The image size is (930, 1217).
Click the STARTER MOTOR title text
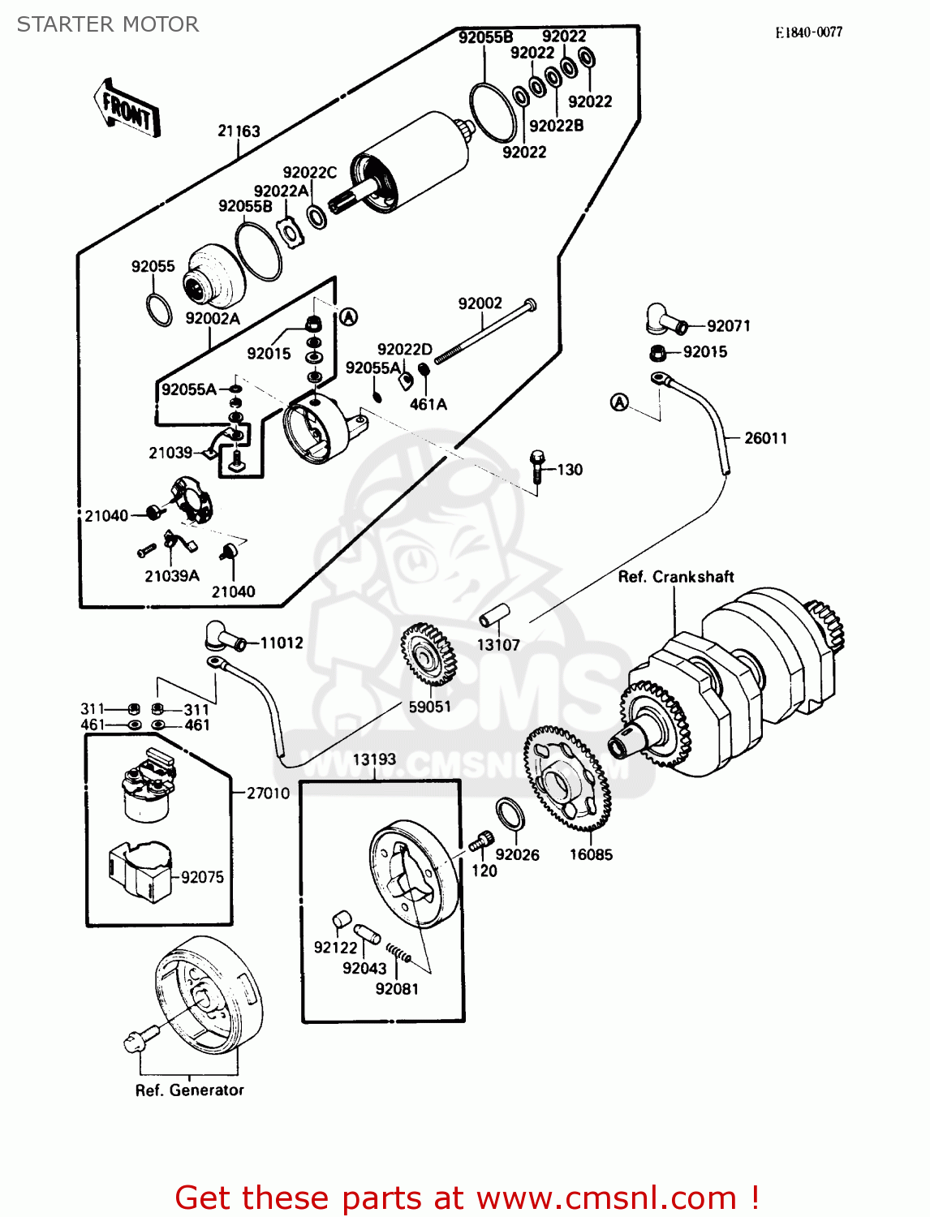108,24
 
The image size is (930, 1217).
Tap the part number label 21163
239,131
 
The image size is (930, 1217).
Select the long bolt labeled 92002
484,331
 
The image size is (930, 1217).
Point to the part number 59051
429,707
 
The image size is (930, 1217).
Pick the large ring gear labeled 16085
566,779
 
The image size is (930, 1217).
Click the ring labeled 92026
510,814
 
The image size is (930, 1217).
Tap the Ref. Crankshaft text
675,577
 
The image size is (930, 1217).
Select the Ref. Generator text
189,1090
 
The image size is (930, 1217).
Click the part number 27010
268,793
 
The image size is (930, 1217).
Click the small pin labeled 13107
493,616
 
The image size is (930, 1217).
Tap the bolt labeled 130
536,466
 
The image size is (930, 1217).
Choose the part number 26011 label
765,438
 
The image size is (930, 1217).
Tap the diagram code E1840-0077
808,32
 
